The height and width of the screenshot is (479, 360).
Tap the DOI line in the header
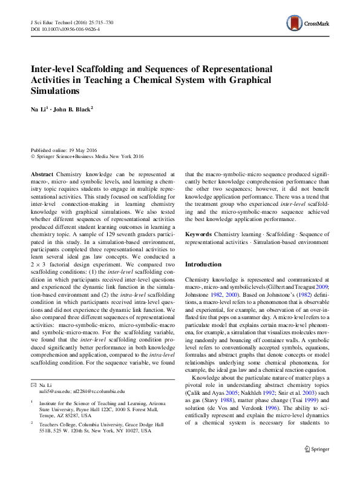(65, 28)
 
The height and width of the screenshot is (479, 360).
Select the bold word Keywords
(198, 233)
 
